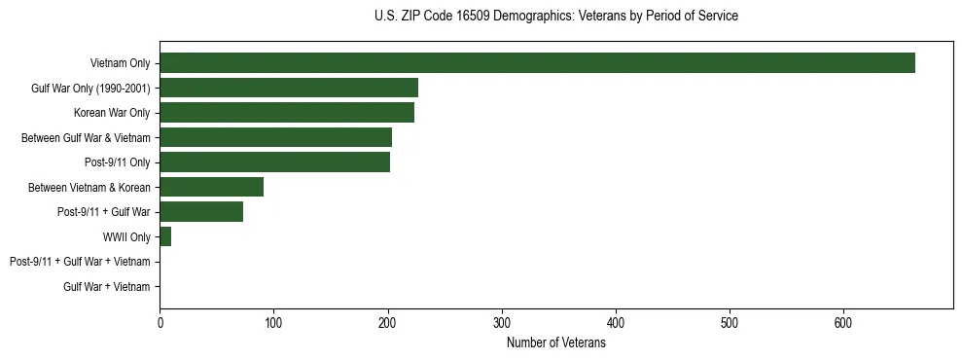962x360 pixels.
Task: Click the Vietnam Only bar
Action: tap(537, 62)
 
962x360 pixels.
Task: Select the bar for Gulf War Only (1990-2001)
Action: tap(289, 88)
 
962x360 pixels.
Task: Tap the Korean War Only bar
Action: tap(287, 113)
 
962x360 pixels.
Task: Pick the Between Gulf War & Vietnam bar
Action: tap(275, 137)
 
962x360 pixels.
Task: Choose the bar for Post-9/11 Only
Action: tap(274, 162)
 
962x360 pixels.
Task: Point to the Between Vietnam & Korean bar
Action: tap(211, 187)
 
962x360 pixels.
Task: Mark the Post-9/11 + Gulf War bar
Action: tap(201, 212)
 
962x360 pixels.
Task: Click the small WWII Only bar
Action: tap(165, 236)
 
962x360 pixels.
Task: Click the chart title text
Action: tap(555, 16)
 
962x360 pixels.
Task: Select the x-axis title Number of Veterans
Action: tap(555, 343)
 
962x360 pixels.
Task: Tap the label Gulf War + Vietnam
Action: tap(106, 287)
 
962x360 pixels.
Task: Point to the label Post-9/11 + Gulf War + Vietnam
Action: tap(80, 262)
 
